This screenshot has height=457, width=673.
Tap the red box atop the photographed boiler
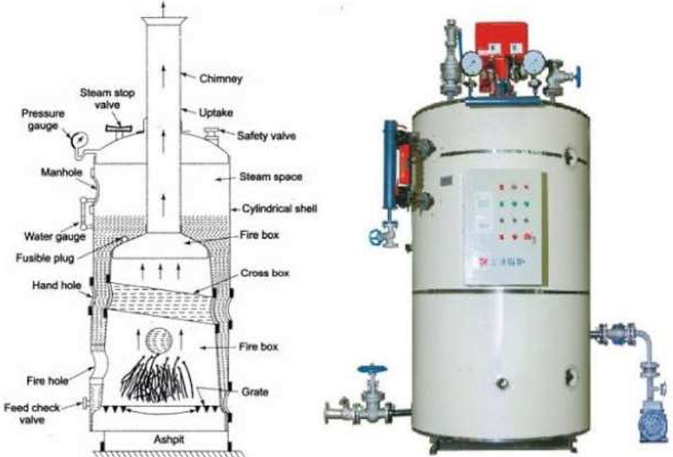tap(502, 39)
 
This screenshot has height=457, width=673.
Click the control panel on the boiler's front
tap(505, 228)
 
